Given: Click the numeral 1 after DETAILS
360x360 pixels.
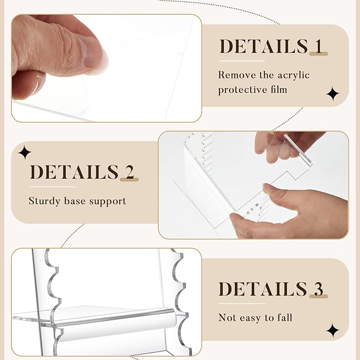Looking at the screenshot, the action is [x=319, y=46].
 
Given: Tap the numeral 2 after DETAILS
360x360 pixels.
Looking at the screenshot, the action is [x=129, y=172].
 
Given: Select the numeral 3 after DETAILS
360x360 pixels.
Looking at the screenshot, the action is [x=319, y=289].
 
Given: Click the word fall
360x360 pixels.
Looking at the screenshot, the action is [x=285, y=318].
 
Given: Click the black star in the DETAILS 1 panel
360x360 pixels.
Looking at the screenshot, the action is [x=332, y=93].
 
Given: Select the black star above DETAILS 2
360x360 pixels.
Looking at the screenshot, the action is [x=25, y=152].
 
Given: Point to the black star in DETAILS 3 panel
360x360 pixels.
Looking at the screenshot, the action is [x=332, y=330].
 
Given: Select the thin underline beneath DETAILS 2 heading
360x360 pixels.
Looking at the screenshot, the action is [x=52, y=187].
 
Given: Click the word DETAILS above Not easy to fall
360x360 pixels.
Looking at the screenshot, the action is [x=263, y=289].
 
